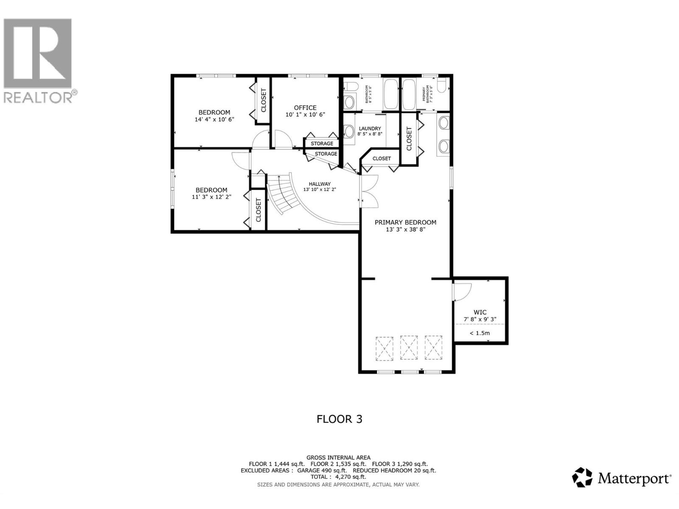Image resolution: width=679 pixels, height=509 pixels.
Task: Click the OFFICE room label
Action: (x=305, y=108)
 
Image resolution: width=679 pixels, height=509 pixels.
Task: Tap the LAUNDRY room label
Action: (x=370, y=129)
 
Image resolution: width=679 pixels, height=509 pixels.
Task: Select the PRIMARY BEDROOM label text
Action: (x=405, y=222)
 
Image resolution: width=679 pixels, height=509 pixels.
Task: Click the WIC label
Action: (x=480, y=312)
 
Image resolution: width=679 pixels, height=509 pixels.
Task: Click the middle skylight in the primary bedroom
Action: (x=409, y=348)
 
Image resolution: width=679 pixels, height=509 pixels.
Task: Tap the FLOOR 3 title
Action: (x=339, y=419)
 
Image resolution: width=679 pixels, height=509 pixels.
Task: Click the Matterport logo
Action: (x=622, y=478)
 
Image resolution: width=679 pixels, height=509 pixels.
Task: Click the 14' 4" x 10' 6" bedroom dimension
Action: (x=214, y=120)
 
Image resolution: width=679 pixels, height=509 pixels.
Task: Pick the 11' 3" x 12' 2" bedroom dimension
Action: (x=211, y=197)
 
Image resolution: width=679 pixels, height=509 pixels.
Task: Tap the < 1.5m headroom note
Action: (x=480, y=333)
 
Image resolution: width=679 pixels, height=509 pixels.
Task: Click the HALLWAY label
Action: (x=320, y=184)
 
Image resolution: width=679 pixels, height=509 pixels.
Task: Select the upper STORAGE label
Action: (x=322, y=143)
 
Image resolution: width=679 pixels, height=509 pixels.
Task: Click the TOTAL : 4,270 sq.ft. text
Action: (x=338, y=477)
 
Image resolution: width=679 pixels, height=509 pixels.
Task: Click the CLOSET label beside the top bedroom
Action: (x=263, y=101)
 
